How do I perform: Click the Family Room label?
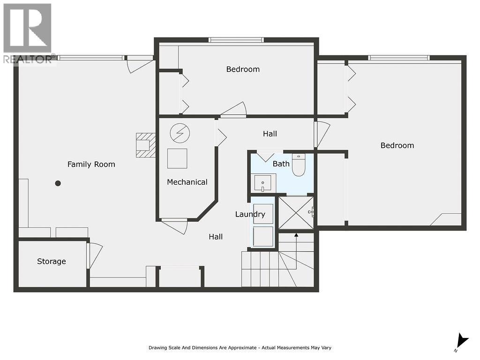tap(91, 164)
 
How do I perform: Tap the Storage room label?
tap(52, 261)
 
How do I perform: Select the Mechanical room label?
tap(187, 182)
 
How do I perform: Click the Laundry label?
tap(250, 214)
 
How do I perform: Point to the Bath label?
tap(281, 164)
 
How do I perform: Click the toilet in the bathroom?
tap(299, 165)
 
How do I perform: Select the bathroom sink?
tap(262, 182)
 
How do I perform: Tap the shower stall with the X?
tap(296, 212)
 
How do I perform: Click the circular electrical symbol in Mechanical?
tap(180, 133)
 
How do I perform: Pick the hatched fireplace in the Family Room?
tap(145, 145)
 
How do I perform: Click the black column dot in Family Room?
tap(58, 183)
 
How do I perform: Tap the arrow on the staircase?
tap(296, 236)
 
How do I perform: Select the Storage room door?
tap(94, 255)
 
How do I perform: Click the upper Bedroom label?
tap(243, 69)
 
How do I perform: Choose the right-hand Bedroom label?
tap(397, 145)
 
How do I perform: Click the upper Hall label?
tap(270, 134)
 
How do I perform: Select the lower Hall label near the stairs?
tap(216, 237)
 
